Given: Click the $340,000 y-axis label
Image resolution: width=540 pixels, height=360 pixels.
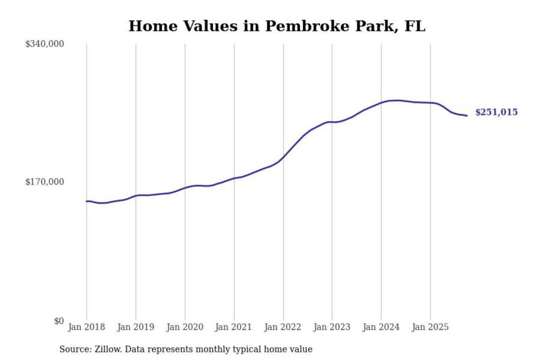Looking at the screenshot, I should pyautogui.click(x=45, y=44).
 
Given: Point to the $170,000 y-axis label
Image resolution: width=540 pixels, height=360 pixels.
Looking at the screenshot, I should pyautogui.click(x=45, y=182).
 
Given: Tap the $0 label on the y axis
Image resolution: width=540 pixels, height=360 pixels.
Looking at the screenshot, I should pyautogui.click(x=59, y=321).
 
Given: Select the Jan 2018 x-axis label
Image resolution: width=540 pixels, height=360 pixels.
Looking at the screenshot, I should pyautogui.click(x=86, y=327).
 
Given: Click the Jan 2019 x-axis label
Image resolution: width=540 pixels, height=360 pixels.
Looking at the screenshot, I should pyautogui.click(x=135, y=327).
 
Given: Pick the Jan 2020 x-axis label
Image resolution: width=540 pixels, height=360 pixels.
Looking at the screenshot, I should pyautogui.click(x=184, y=327).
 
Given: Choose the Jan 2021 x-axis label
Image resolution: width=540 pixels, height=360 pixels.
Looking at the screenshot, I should pyautogui.click(x=233, y=327).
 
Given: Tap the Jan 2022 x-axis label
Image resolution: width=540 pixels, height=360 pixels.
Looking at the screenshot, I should pyautogui.click(x=282, y=327).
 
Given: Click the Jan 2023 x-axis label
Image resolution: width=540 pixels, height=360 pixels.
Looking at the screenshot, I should pyautogui.click(x=331, y=327).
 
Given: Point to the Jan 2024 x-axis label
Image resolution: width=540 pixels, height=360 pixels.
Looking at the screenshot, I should pyautogui.click(x=381, y=327).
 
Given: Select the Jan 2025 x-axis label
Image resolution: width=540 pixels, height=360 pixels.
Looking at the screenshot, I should pyautogui.click(x=430, y=327).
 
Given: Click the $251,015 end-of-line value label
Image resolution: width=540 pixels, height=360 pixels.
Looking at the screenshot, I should pyautogui.click(x=496, y=112).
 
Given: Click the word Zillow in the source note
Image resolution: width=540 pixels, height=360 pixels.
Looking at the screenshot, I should pyautogui.click(x=108, y=349).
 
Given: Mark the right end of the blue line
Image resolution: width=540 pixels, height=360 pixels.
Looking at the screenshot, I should pyautogui.click(x=467, y=115).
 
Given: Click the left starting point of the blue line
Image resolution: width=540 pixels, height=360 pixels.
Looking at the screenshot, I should pyautogui.click(x=87, y=201).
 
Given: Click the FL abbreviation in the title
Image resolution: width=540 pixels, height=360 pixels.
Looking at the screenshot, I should pyautogui.click(x=415, y=26).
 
